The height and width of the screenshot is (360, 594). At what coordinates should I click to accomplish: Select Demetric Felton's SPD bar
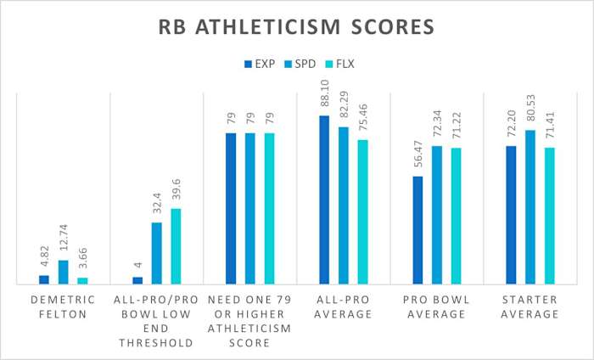click(x=63, y=272)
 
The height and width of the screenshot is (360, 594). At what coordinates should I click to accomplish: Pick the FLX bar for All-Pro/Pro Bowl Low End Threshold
click(x=176, y=246)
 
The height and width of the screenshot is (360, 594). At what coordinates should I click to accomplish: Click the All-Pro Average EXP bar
click(x=324, y=200)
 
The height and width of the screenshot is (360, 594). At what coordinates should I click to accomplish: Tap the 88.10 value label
click(x=324, y=94)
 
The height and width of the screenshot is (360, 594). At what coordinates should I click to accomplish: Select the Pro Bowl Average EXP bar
click(x=417, y=230)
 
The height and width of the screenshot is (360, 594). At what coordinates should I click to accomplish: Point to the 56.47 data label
click(x=417, y=155)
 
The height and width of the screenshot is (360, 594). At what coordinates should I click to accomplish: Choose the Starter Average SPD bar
click(x=530, y=207)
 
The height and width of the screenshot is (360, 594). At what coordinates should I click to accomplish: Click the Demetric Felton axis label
click(x=63, y=307)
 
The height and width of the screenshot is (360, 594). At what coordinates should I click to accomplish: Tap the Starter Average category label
click(x=530, y=307)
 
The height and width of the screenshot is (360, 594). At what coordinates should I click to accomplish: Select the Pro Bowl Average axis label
click(x=436, y=307)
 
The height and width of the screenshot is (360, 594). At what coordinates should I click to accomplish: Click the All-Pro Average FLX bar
click(x=362, y=211)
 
